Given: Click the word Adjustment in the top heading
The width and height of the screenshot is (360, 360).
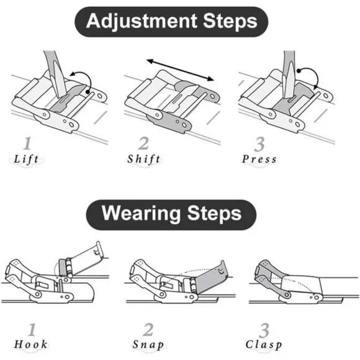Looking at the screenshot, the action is pyautogui.click(x=142, y=21).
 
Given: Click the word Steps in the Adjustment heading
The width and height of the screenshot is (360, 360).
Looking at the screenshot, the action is pyautogui.click(x=230, y=21).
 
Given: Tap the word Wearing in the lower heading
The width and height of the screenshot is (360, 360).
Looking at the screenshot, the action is pyautogui.click(x=141, y=214).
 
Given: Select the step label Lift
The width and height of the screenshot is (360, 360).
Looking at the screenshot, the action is pyautogui.click(x=26, y=160).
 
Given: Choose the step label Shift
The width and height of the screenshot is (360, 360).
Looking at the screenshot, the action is pyautogui.click(x=144, y=159).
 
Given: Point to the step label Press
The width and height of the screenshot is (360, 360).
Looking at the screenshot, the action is pyautogui.click(x=259, y=159).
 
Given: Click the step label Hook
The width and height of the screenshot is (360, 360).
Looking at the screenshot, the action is pyautogui.click(x=30, y=344).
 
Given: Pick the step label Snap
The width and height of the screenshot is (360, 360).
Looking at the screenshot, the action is pyautogui.click(x=148, y=345).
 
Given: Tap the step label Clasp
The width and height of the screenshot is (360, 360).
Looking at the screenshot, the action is pyautogui.click(x=264, y=345).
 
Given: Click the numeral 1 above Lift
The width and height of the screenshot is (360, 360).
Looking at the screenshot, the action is pyautogui.click(x=27, y=143).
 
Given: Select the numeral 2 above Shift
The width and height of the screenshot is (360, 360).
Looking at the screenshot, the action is pyautogui.click(x=143, y=143).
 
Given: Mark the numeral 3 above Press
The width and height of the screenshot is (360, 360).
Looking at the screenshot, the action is pyautogui.click(x=259, y=144).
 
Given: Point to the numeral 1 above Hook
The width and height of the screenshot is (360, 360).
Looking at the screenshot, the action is pyautogui.click(x=32, y=330).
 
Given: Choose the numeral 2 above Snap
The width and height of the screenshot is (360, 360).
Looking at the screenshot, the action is pyautogui.click(x=148, y=330).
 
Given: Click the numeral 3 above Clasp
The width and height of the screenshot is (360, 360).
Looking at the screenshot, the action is pyautogui.click(x=264, y=330).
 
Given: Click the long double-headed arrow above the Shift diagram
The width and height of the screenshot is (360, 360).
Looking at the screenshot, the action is pyautogui.click(x=181, y=70).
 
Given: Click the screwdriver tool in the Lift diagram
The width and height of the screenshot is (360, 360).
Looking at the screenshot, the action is pyautogui.click(x=56, y=73).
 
